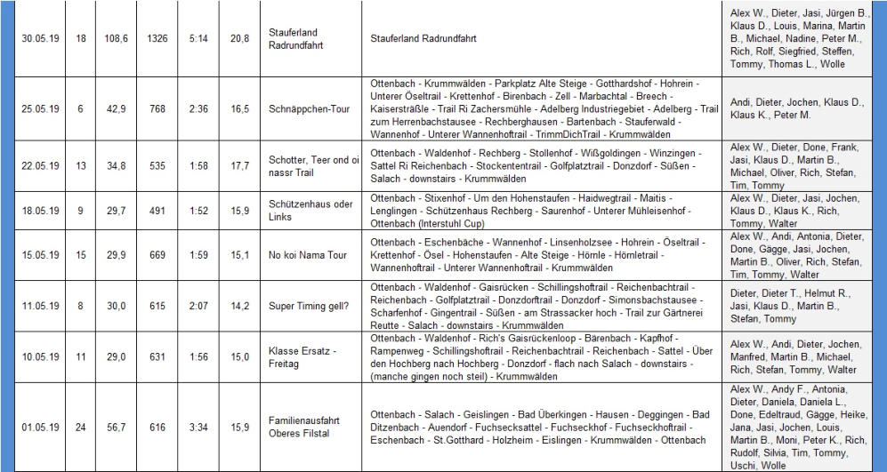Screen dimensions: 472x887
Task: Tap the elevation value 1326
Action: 157,38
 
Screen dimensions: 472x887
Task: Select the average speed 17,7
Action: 239,165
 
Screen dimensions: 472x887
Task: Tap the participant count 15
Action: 81,255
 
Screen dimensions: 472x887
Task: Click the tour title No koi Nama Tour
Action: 307,255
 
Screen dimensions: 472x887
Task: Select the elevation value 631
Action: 157,356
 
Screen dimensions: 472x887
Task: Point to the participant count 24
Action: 81,427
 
